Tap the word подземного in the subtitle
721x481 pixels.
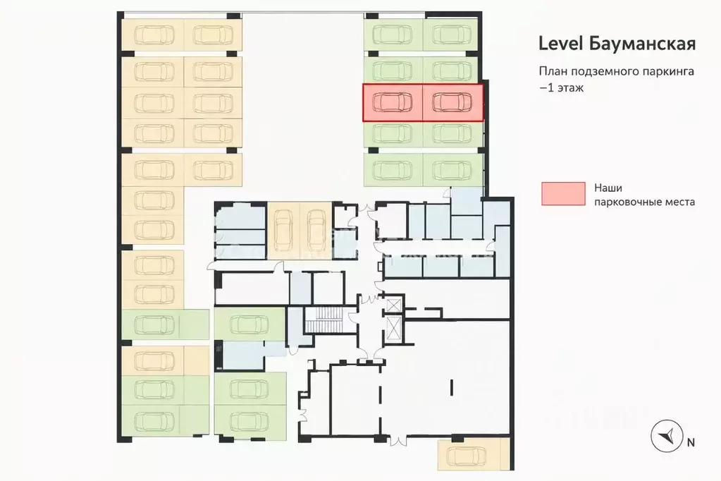point(604,72)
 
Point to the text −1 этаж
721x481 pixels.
point(562,87)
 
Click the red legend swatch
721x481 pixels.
point(563,193)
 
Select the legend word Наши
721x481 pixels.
point(608,188)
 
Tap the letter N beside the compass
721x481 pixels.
point(691,442)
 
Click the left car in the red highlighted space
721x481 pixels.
point(393,102)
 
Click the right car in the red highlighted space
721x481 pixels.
point(452,102)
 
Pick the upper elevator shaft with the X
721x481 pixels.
point(393,305)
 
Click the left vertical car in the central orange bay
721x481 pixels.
point(283,230)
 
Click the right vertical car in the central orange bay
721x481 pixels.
point(316,230)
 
